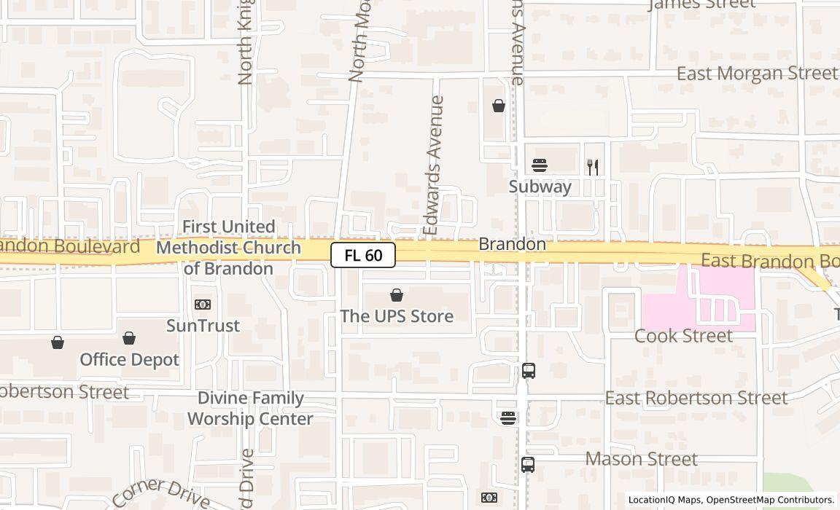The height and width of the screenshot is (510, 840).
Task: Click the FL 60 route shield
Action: pos(363,255)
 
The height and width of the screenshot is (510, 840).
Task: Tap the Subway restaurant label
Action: pos(540,187)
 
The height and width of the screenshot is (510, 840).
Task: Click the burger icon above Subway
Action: pos(540,165)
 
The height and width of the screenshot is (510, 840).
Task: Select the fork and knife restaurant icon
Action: pos(593,168)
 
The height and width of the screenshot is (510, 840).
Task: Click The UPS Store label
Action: pos(397,316)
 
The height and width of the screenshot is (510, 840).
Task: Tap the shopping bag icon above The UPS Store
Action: pos(397,295)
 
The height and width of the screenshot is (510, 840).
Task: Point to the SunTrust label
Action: pos(203,326)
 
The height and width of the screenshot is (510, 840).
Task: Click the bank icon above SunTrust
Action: pos(203,305)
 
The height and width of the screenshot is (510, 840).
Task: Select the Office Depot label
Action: pos(129,360)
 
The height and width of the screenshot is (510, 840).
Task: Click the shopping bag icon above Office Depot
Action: pos(129,338)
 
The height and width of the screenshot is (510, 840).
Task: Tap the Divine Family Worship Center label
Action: pos(250,409)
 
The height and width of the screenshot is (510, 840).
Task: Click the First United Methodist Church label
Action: pos(228,248)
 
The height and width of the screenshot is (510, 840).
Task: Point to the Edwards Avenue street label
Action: pos(434,166)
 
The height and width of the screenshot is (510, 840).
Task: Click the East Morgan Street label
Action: pos(757,74)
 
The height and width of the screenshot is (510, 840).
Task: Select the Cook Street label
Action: pos(683,336)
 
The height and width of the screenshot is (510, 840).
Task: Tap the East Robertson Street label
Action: pos(696,398)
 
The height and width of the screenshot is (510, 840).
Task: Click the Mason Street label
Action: pos(642,459)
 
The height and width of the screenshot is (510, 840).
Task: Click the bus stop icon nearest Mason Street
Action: pos(528,464)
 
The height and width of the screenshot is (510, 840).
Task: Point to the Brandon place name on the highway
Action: pos(512,244)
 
